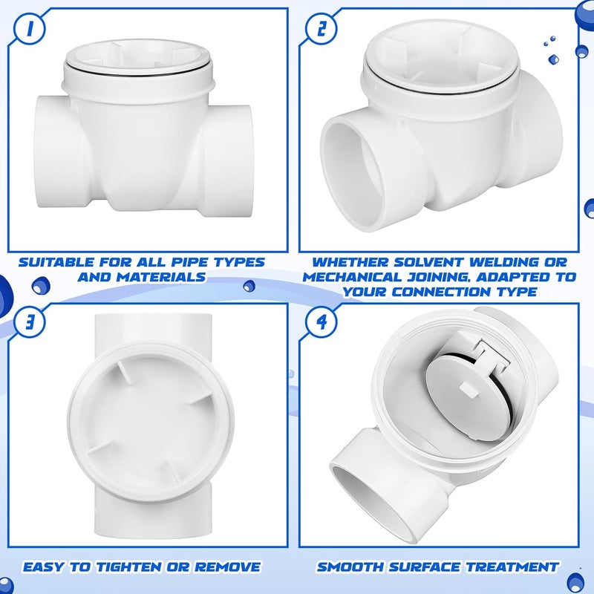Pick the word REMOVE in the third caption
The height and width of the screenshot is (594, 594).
pyautogui.click(x=229, y=567)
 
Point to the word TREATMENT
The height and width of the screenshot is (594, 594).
pyautogui.click(x=512, y=567)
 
